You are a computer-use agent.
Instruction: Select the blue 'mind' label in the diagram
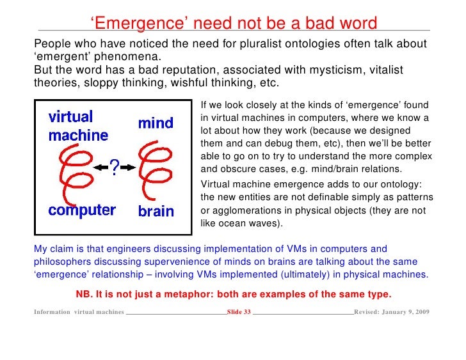[155, 122]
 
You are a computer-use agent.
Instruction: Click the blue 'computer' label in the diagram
[82, 210]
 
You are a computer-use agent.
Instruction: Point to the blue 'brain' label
[156, 211]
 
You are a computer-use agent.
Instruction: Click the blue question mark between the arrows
[113, 168]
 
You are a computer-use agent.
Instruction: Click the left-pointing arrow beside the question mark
[100, 167]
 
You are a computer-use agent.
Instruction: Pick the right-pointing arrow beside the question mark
[128, 167]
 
